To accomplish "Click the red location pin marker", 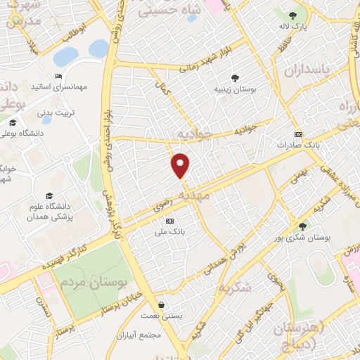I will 181,165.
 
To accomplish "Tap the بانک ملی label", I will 169,229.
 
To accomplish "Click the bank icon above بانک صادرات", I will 298,134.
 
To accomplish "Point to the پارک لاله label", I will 294,26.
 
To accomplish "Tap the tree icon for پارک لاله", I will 293,15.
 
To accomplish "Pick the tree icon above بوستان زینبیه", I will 235,78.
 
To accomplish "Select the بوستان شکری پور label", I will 302,238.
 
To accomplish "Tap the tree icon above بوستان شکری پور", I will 302,226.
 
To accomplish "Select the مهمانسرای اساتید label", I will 59,89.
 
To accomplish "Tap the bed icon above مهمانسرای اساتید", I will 58,77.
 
